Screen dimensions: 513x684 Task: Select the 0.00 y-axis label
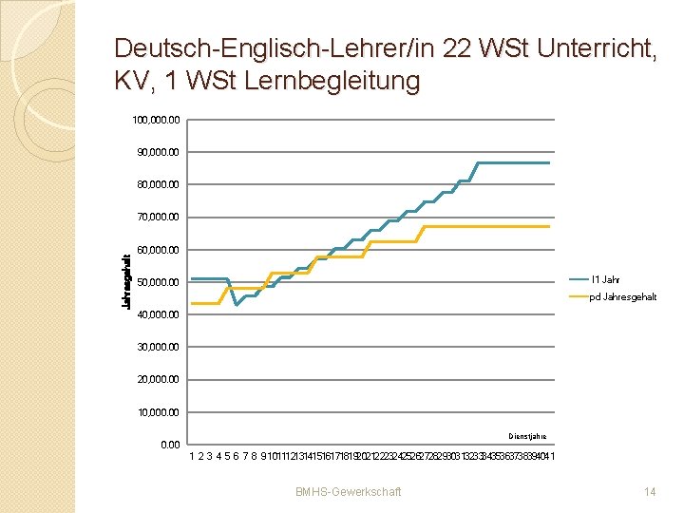[x=171, y=445]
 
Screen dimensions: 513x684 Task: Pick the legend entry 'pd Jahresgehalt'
[x=622, y=297]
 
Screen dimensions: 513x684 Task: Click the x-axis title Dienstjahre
[x=527, y=436]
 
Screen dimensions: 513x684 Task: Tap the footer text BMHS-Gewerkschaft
[x=348, y=491]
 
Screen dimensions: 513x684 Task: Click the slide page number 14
[x=650, y=491]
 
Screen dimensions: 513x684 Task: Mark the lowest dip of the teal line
[x=237, y=305]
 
